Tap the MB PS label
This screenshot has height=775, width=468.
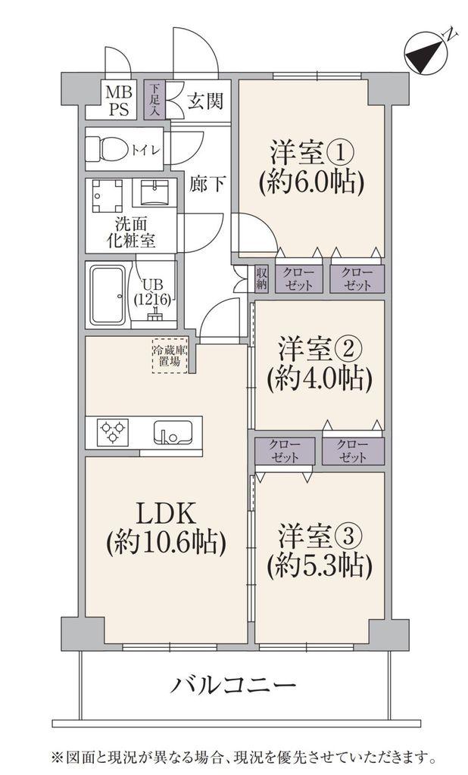118,101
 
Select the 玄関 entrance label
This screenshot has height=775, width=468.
204,101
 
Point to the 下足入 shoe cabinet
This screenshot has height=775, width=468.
154,101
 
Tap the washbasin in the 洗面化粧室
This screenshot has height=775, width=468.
154,192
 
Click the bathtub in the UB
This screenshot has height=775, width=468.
107,295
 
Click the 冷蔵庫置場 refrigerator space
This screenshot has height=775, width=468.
170,356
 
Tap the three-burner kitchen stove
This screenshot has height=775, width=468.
114,431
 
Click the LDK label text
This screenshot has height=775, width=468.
167,514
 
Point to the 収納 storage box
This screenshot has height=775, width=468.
262,279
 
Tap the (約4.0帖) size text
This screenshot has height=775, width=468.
320,380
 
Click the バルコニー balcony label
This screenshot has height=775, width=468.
233,685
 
